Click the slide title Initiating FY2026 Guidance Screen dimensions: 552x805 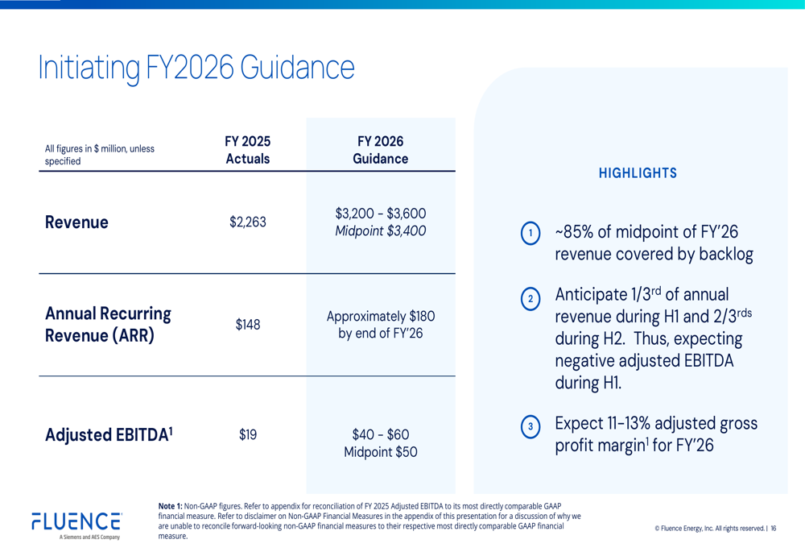coord(196,68)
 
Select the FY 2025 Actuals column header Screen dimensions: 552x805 coord(247,150)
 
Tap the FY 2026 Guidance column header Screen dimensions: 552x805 coord(380,150)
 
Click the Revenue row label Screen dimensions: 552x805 coord(76,222)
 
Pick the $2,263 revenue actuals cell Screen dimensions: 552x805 coord(247,222)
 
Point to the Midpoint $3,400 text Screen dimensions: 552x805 coord(380,232)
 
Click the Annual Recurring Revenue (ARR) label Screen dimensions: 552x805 coord(108,325)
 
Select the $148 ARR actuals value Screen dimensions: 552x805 coord(247,325)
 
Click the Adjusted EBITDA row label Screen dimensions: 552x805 coord(109,435)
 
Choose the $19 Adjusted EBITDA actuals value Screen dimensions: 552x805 coord(247,435)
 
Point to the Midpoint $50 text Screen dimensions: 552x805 coord(380,453)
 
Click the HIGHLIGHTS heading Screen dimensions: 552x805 coord(638,173)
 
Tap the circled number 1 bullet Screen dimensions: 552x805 coord(530,234)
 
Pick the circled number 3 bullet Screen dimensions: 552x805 coord(530,426)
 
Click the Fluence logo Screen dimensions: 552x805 coord(76,523)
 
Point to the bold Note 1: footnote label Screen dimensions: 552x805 coord(171,506)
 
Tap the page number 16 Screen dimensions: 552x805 coord(774,529)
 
